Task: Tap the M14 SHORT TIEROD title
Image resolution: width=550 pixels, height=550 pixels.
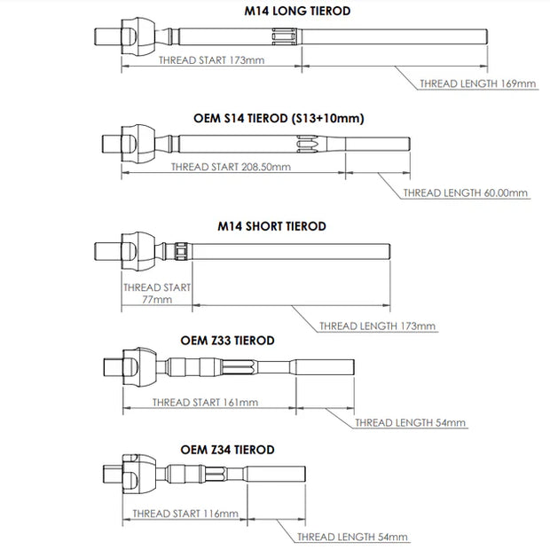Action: point(271,226)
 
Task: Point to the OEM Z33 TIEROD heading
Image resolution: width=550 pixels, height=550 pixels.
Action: point(227,340)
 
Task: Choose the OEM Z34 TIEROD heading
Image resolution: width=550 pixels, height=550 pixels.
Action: point(227,450)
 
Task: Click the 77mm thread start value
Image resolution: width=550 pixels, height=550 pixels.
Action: point(156,300)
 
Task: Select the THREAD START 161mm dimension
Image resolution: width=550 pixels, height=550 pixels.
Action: point(205,402)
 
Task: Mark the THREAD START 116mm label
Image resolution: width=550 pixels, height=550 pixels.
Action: point(185,514)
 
